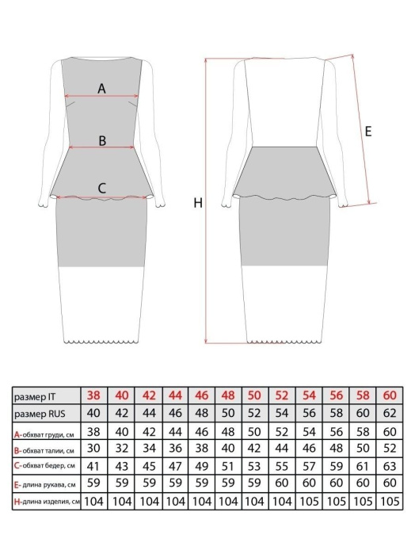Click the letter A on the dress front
click(101, 88)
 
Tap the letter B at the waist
click(102, 140)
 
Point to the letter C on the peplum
click(101, 188)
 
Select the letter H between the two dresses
click(198, 203)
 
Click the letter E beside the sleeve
click(368, 132)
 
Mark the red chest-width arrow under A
click(101, 95)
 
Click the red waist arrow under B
click(102, 147)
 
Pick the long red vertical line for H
click(206, 201)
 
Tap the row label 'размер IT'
click(35, 397)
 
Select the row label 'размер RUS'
click(40, 414)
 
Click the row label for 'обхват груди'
click(44, 434)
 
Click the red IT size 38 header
click(93, 395)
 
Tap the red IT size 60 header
click(390, 395)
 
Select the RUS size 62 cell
click(390, 413)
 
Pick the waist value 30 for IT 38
click(93, 448)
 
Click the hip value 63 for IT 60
click(390, 466)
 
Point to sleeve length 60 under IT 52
click(282, 483)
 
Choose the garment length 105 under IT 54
click(310, 501)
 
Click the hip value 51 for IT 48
click(228, 466)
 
